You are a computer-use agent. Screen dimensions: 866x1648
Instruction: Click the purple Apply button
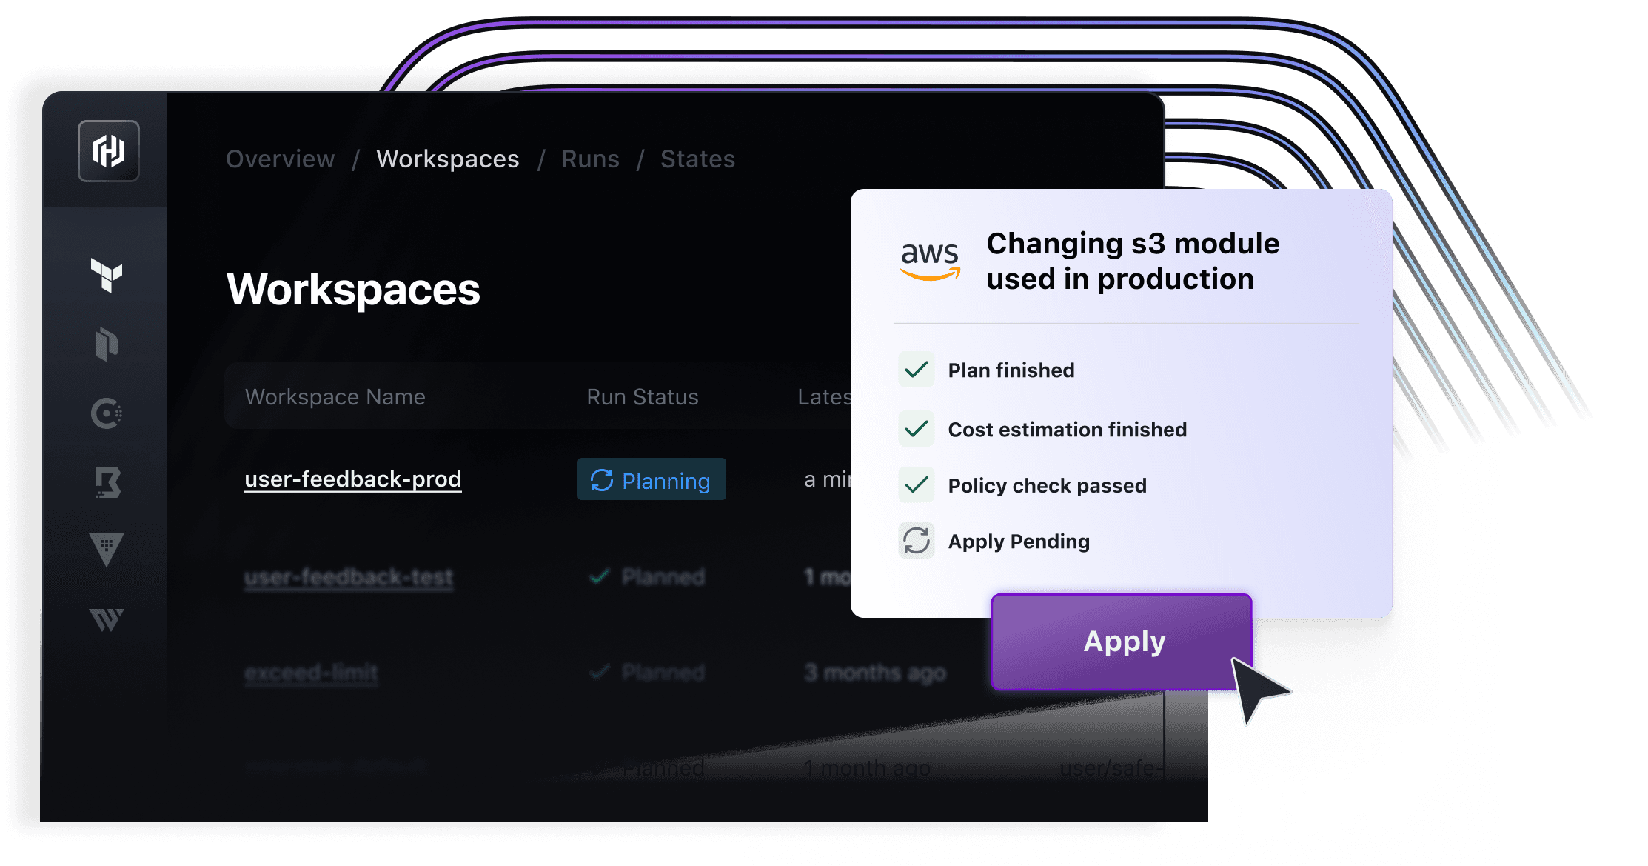pyautogui.click(x=1121, y=642)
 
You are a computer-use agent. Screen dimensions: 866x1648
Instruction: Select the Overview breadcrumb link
pyautogui.click(x=280, y=159)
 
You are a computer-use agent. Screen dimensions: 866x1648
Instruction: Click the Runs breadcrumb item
pyautogui.click(x=590, y=159)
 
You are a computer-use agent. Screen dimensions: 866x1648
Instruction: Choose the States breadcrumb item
pyautogui.click(x=697, y=159)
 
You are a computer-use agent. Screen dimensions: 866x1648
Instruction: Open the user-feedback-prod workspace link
pyautogui.click(x=352, y=479)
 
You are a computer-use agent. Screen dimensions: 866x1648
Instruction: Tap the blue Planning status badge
pyautogui.click(x=652, y=480)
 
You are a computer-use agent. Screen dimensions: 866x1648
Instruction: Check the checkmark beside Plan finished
pyautogui.click(x=917, y=370)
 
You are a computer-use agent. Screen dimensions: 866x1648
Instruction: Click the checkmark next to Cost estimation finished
pyautogui.click(x=917, y=429)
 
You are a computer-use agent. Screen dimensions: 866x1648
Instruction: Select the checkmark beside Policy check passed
pyautogui.click(x=917, y=485)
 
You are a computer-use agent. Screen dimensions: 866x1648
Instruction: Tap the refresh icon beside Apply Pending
pyautogui.click(x=917, y=541)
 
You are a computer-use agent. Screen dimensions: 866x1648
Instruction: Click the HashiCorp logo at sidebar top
pyautogui.click(x=109, y=151)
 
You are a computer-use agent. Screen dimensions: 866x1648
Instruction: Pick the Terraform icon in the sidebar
pyautogui.click(x=107, y=276)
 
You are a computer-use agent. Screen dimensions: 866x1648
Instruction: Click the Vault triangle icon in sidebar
pyautogui.click(x=107, y=550)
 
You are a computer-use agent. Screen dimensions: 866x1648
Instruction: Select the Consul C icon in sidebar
pyautogui.click(x=107, y=413)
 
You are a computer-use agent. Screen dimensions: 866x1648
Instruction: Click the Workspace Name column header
pyautogui.click(x=335, y=397)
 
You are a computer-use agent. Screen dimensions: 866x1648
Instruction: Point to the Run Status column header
pyautogui.click(x=642, y=397)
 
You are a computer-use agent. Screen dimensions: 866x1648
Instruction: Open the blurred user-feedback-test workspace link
pyautogui.click(x=349, y=577)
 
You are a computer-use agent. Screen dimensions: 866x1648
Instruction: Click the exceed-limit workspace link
pyautogui.click(x=311, y=673)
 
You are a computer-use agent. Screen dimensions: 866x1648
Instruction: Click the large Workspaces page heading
pyautogui.click(x=353, y=289)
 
